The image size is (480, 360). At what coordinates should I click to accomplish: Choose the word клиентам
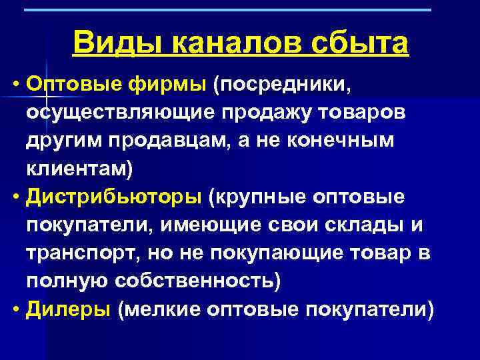point(79,169)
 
